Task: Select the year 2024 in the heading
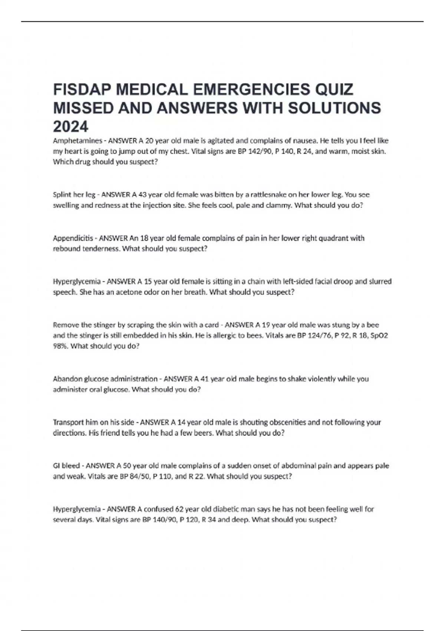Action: pyautogui.click(x=71, y=127)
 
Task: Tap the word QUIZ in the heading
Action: pyautogui.click(x=334, y=89)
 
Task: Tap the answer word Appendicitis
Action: pyautogui.click(x=73, y=238)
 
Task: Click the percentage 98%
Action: pyautogui.click(x=60, y=346)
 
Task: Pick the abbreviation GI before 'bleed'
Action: pyautogui.click(x=57, y=465)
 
